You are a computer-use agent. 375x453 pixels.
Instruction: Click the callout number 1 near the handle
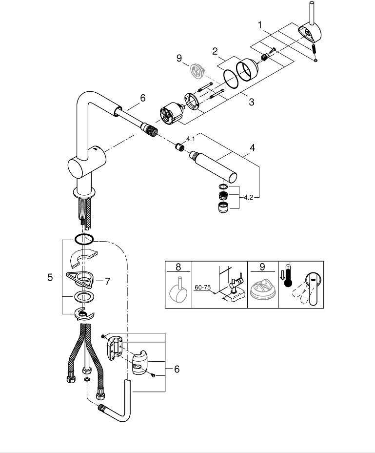(x=260, y=25)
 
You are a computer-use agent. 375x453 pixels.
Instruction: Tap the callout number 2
(x=215, y=51)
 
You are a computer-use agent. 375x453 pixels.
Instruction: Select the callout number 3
(x=252, y=102)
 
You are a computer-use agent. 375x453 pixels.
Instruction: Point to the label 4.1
(x=191, y=139)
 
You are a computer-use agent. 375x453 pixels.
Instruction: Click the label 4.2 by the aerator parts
(x=248, y=197)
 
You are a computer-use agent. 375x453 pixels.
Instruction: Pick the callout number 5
(x=50, y=278)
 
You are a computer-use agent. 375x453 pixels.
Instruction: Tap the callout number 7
(x=107, y=281)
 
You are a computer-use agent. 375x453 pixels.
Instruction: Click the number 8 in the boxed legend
(x=178, y=267)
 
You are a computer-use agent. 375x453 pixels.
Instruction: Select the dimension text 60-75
(x=203, y=288)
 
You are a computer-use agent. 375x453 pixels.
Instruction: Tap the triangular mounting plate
(x=79, y=279)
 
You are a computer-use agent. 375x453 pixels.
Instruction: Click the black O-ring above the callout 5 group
(x=84, y=239)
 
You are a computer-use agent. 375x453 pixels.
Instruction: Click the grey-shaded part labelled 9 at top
(x=197, y=71)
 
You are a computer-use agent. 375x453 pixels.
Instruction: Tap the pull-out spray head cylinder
(x=213, y=166)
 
